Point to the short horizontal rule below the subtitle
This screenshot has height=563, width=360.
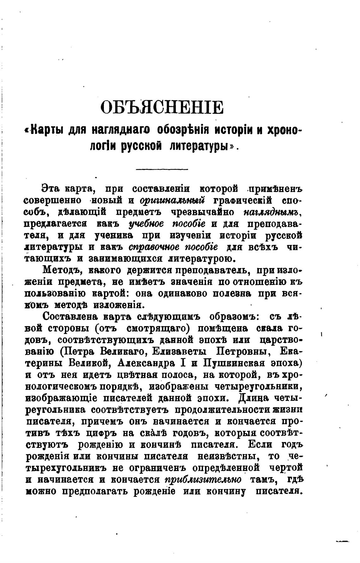coord(162,169)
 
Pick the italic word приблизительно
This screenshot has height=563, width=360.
coord(203,480)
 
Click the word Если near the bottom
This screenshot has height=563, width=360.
coord(260,445)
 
